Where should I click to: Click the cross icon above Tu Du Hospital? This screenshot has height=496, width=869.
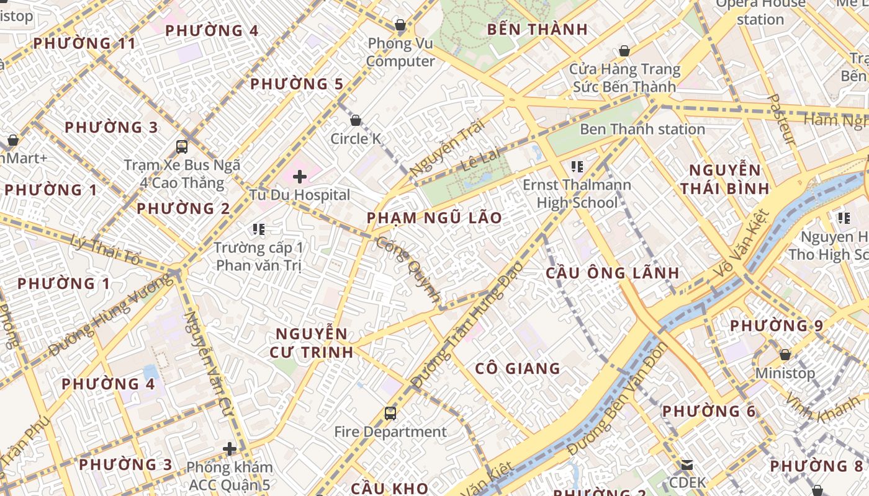(x=300, y=177)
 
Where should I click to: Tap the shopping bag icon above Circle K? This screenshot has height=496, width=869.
(x=356, y=120)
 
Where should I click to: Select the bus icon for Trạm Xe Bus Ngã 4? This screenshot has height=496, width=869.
(x=182, y=147)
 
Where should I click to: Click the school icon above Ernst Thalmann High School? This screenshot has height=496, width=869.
(x=577, y=167)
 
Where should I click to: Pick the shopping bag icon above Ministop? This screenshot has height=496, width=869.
(x=785, y=355)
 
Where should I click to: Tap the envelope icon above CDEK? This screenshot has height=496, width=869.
(x=687, y=464)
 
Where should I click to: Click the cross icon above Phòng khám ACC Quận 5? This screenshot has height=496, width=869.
(x=230, y=449)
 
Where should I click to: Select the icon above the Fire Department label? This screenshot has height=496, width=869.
(x=390, y=414)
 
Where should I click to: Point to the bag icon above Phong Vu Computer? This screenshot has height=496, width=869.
(x=400, y=25)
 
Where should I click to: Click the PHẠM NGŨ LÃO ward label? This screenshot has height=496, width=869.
(x=434, y=218)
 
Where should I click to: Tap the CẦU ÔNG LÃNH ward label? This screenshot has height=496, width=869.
(x=612, y=273)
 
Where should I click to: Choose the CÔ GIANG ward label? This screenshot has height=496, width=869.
(x=518, y=369)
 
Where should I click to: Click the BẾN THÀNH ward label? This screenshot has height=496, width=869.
(x=538, y=29)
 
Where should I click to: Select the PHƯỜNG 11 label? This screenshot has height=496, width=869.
(x=84, y=43)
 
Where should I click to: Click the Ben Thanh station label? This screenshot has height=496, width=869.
(x=642, y=130)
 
